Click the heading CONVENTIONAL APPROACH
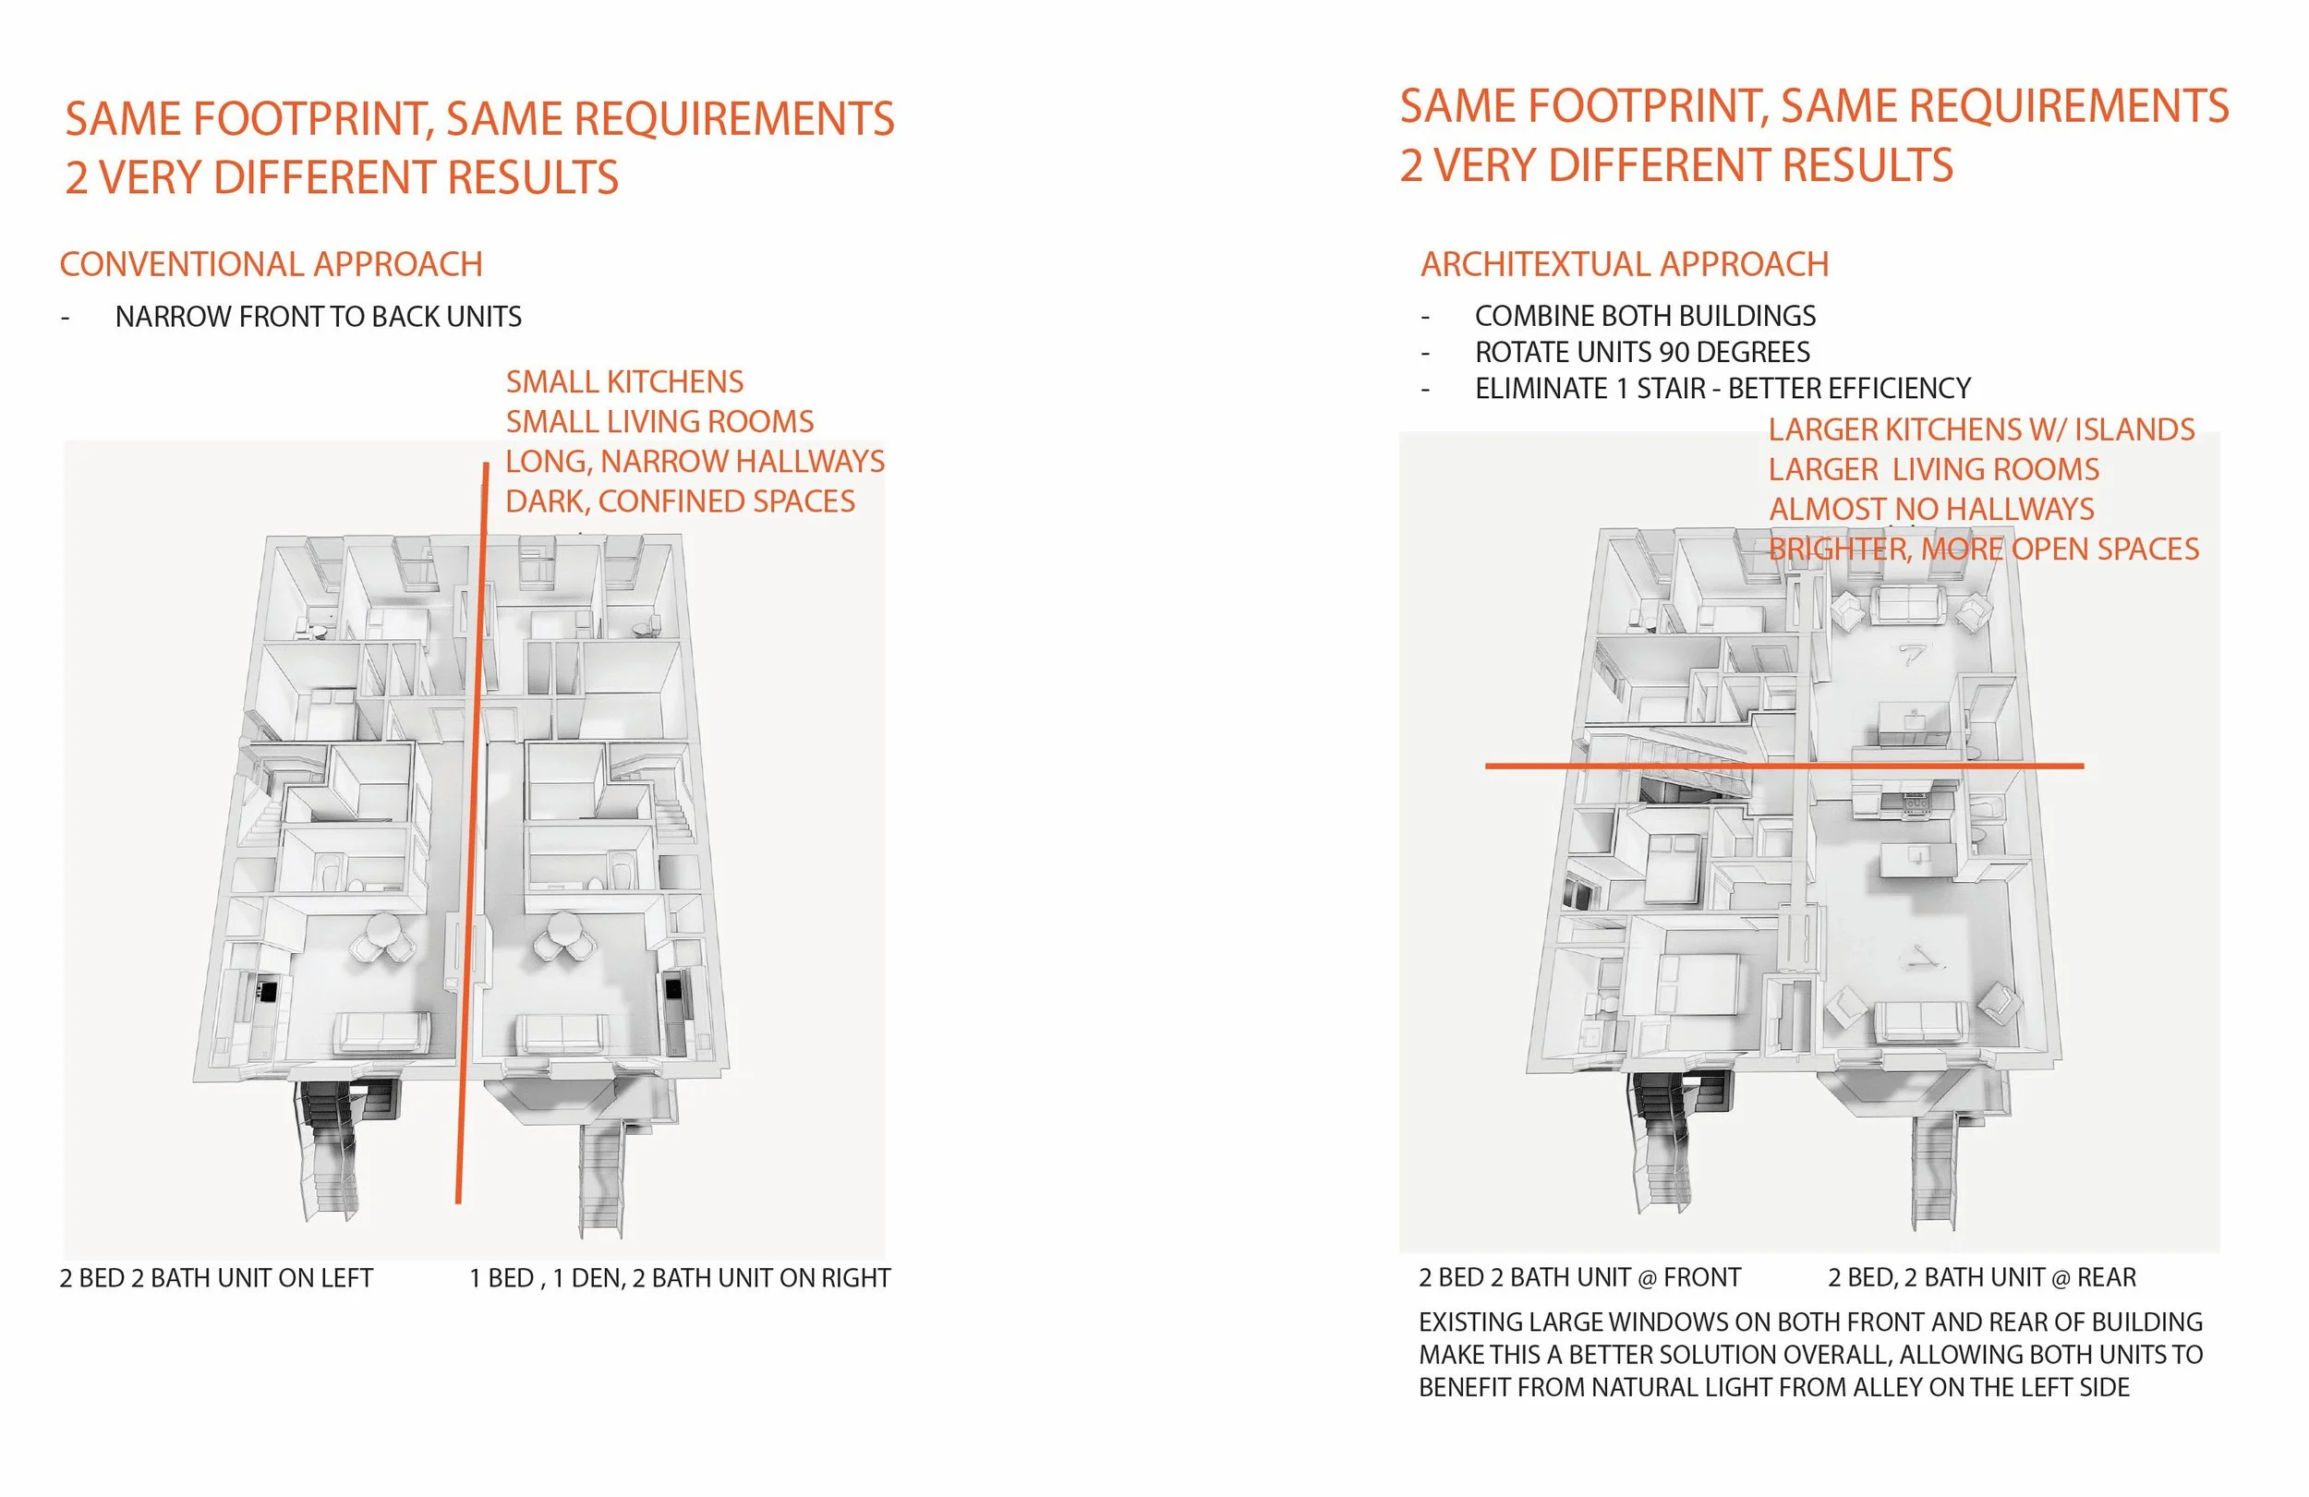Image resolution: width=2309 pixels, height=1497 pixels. tap(271, 264)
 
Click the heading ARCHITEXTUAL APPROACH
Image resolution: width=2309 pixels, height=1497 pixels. tap(1624, 264)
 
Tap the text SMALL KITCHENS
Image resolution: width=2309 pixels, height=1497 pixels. tap(623, 381)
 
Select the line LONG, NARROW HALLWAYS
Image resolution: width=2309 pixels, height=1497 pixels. tap(695, 461)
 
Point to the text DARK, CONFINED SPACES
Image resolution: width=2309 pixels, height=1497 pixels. tap(679, 501)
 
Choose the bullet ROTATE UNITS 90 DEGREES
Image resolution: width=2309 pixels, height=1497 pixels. tap(1641, 351)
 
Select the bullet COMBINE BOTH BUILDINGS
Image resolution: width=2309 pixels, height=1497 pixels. tap(1644, 315)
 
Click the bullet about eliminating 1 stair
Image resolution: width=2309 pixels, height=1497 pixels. tap(1722, 388)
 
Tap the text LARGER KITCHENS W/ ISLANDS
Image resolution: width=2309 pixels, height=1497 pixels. tap(1980, 429)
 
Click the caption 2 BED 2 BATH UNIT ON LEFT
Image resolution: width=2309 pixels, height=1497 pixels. tap(216, 1278)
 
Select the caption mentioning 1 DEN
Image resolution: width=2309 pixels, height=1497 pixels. tap(679, 1278)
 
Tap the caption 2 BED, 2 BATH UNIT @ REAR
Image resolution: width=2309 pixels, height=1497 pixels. tap(1981, 1277)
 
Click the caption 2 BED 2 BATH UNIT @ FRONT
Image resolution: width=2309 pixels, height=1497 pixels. tap(1579, 1277)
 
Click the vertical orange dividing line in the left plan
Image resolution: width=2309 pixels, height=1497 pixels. tap(472, 834)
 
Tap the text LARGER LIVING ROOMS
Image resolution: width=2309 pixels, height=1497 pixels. tap(1932, 468)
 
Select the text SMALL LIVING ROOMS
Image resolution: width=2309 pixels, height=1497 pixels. tap(659, 421)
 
